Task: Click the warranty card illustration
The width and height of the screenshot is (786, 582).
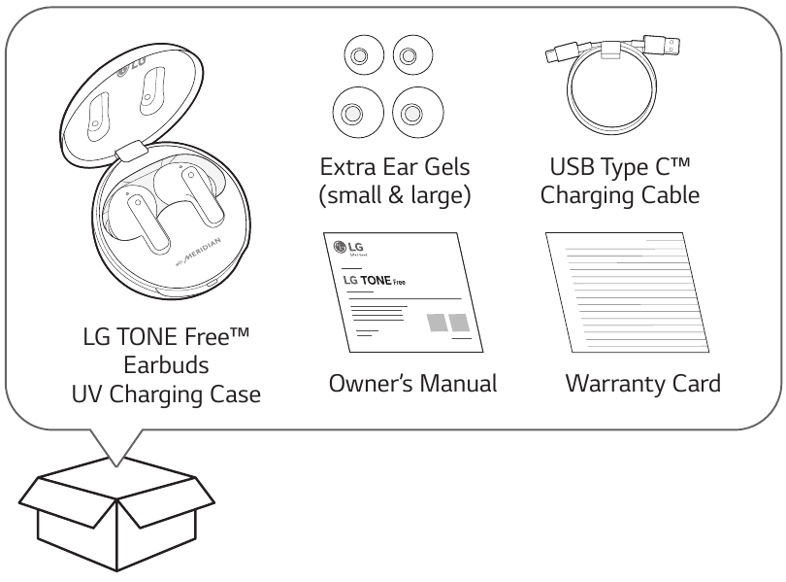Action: coord(625,295)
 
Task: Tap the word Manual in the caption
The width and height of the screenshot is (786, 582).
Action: coord(455,384)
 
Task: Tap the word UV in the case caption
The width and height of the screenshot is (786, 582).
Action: coord(90,396)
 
